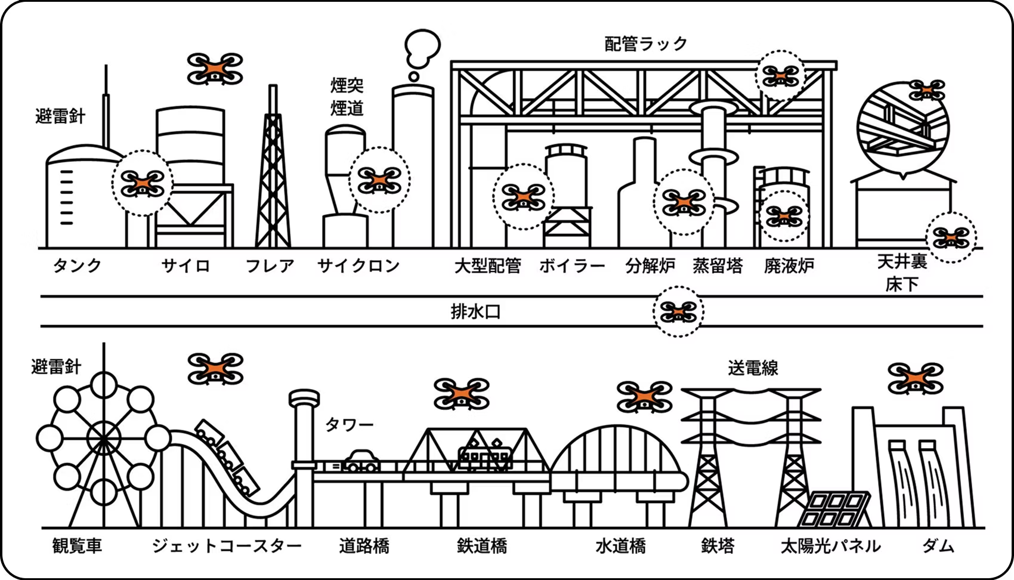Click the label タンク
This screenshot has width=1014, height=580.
click(77, 266)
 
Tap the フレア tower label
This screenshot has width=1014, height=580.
click(270, 266)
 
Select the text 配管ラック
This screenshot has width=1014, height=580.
click(646, 44)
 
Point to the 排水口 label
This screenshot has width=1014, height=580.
click(475, 311)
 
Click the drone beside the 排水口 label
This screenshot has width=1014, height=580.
click(678, 311)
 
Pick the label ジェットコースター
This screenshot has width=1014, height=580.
click(227, 545)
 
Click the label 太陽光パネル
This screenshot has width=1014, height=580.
click(830, 545)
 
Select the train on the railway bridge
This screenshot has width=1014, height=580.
click(485, 456)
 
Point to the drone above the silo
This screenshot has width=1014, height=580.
click(215, 69)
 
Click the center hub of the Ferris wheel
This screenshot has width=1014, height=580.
click(103, 439)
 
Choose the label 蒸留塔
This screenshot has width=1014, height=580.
click(718, 266)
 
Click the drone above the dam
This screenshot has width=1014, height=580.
click(916, 378)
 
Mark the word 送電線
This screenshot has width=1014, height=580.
click(753, 368)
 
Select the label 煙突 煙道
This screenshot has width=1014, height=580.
click(347, 97)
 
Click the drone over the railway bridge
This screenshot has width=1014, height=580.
click(461, 394)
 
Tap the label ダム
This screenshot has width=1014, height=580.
click(938, 545)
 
